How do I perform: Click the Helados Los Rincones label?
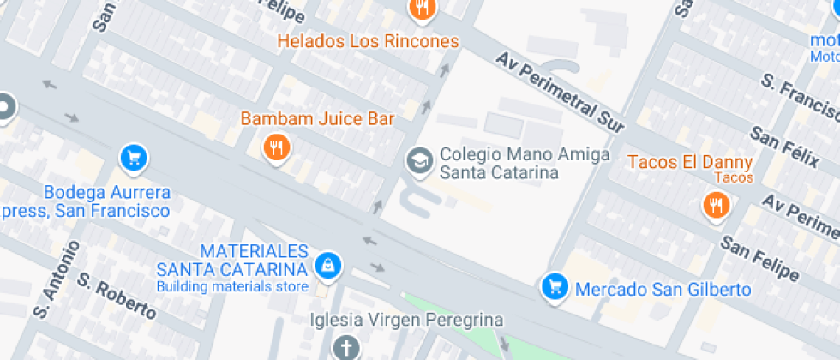coord(367,41)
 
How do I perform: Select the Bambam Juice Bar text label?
coord(317,119)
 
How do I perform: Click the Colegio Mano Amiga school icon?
coord(419,160)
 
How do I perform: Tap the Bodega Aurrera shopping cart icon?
coord(133,157)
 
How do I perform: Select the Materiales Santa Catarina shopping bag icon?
coord(327,265)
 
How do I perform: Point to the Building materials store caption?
coord(231,286)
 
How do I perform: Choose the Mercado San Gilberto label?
coord(663,289)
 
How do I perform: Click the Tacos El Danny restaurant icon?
coord(716,205)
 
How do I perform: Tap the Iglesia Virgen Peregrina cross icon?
coord(345,347)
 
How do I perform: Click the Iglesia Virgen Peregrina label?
coord(406,320)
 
